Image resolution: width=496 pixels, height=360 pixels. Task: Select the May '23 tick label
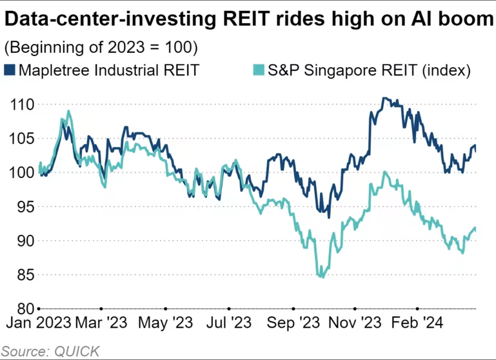pos(166,323)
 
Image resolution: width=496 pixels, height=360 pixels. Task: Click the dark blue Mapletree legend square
pos(10,70)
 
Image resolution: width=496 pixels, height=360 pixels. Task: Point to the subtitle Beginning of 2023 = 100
pos(101,47)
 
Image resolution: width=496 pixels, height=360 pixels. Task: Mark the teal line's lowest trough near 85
pos(321,276)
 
